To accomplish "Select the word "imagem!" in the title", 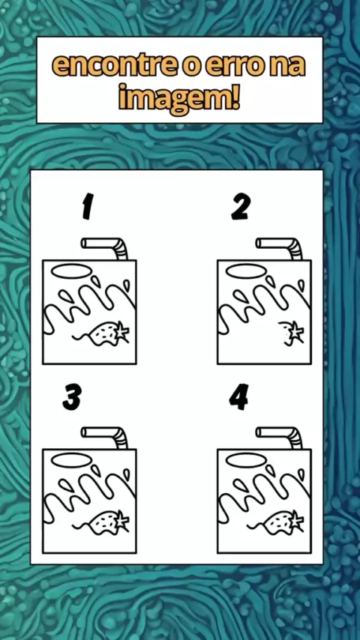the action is [x=179, y=99].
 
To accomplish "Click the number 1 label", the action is [x=87, y=207].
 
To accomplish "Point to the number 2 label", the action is [x=241, y=207].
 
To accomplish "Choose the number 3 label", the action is [x=72, y=397].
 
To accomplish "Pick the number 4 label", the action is [x=239, y=396].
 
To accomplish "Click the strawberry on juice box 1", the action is [x=107, y=333].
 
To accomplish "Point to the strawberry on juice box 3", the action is [x=107, y=522].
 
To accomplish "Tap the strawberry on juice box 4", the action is [x=282, y=522].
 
